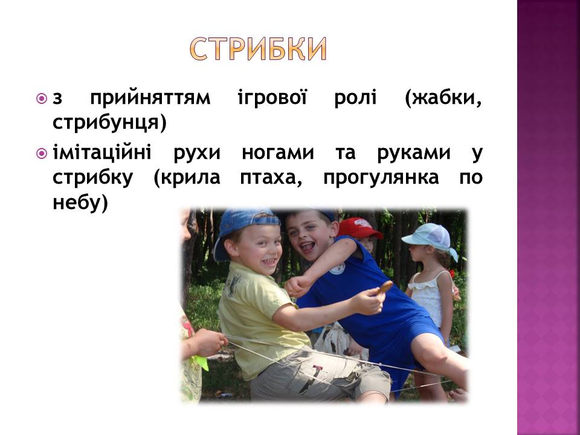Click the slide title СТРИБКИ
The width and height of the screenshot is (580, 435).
tap(259, 49)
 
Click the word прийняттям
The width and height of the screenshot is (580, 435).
tap(150, 98)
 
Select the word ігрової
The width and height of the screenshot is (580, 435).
tap(272, 98)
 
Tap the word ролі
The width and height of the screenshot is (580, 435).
tap(355, 98)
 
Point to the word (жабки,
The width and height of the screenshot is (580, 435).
tap(443, 98)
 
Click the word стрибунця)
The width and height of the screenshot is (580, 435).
tap(110, 123)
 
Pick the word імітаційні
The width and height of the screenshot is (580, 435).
tap(101, 152)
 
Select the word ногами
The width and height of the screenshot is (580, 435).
tap(278, 153)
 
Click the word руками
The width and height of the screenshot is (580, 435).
tap(413, 153)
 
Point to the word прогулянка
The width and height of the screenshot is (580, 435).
tap(381, 178)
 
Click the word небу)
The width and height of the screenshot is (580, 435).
tap(80, 202)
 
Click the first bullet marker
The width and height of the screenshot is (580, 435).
tap(42, 98)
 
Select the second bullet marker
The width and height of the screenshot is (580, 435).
tap(42, 153)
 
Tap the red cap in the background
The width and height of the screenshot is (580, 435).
tap(358, 228)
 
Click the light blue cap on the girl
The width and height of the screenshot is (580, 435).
tap(429, 237)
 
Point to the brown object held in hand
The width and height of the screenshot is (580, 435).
tap(385, 288)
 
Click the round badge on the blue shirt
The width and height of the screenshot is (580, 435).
tap(337, 268)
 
